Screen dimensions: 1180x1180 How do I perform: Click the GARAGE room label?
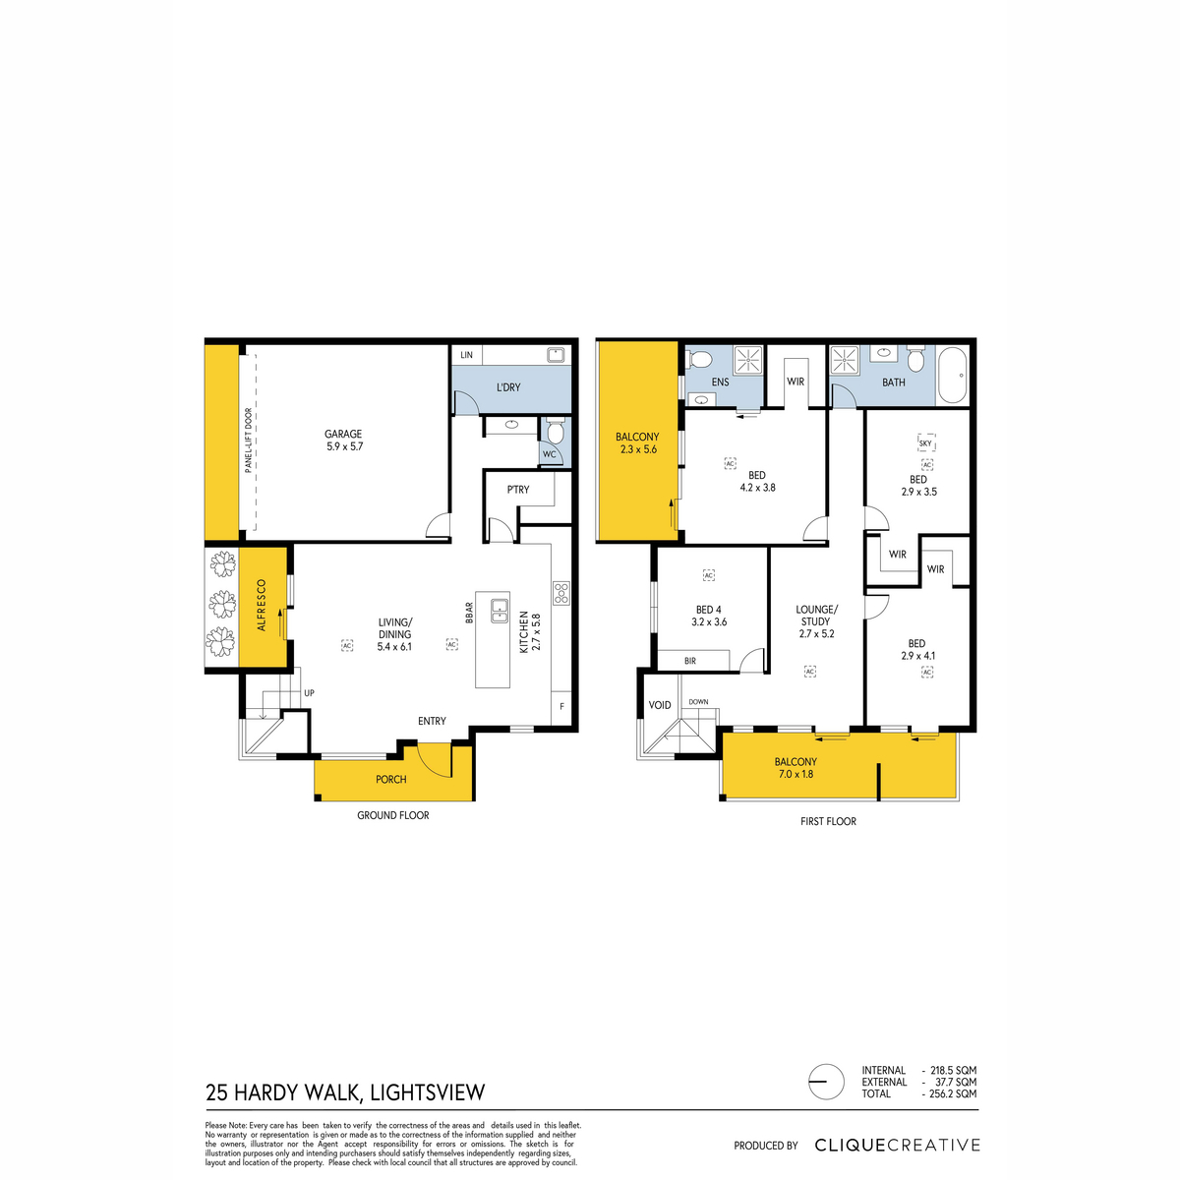click(x=343, y=434)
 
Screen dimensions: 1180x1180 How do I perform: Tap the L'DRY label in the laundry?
click(x=508, y=387)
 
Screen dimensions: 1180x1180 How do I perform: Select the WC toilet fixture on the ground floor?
click(x=556, y=431)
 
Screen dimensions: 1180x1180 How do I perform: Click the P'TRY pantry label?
click(x=518, y=490)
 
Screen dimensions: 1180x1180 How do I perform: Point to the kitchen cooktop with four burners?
click(x=560, y=593)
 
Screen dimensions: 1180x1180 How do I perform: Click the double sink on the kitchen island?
click(x=500, y=611)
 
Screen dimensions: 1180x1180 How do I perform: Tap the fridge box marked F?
click(x=561, y=707)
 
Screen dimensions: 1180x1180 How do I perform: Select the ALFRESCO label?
click(x=262, y=605)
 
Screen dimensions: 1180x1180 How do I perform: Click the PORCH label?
click(x=390, y=779)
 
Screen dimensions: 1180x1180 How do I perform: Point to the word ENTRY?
click(x=432, y=721)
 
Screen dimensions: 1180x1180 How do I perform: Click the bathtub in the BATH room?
click(x=951, y=375)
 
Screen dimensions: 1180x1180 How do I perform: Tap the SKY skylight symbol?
click(x=926, y=442)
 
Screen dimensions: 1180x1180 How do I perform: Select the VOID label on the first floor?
click(x=660, y=705)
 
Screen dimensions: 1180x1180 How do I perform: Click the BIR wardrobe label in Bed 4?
click(x=690, y=661)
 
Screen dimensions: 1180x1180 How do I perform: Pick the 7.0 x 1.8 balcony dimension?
click(x=796, y=774)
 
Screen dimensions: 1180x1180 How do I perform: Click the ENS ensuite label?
click(x=720, y=383)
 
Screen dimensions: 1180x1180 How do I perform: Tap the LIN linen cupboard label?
click(x=467, y=355)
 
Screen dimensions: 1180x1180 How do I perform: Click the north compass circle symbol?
click(x=826, y=1082)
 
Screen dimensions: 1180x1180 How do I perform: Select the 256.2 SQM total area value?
click(x=954, y=1093)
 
